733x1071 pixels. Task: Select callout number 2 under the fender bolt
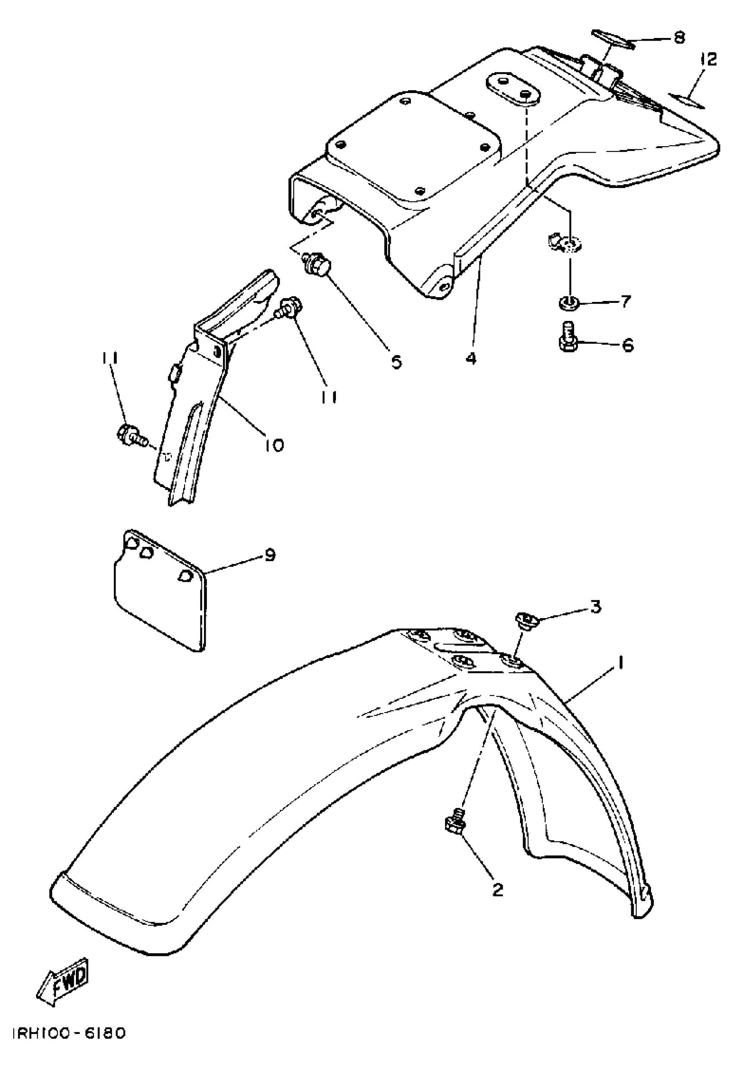point(498,889)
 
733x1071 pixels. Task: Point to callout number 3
point(596,607)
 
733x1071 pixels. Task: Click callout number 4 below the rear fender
point(470,358)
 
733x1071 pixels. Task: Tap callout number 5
point(396,361)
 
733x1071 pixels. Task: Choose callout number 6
point(628,345)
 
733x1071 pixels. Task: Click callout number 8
point(679,37)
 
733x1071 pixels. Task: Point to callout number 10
point(275,445)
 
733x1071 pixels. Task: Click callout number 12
point(708,60)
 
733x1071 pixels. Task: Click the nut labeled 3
point(524,618)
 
